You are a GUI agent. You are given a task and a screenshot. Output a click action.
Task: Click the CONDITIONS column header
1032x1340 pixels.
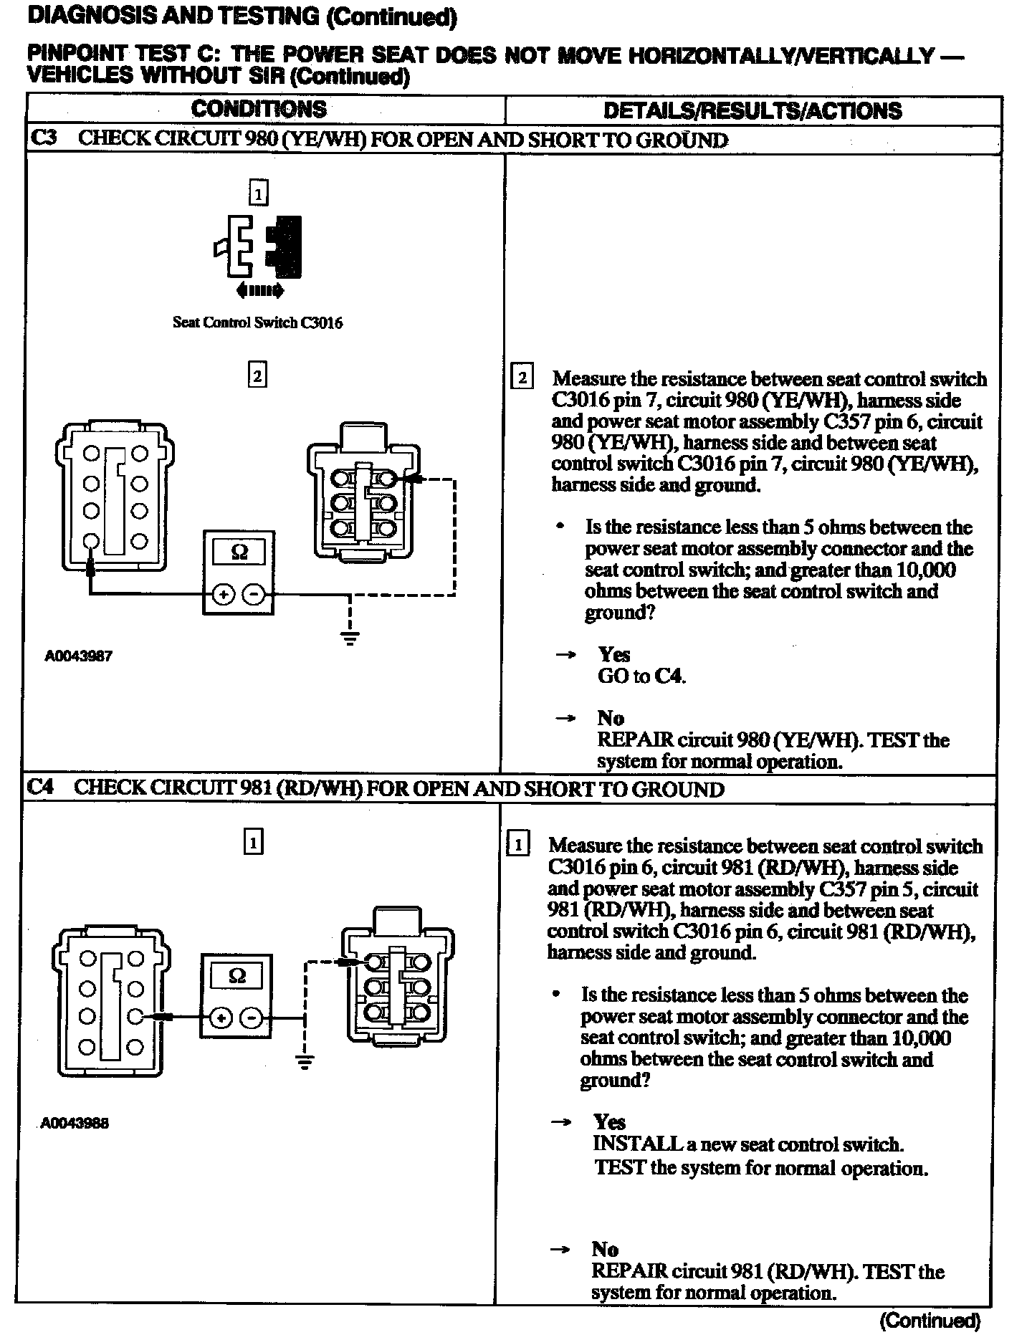[259, 109]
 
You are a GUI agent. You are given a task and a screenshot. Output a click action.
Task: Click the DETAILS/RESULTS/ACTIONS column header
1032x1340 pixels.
[752, 110]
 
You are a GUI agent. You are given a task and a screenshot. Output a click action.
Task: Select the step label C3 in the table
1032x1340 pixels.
[43, 138]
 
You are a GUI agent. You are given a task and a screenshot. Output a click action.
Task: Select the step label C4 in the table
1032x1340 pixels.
[40, 788]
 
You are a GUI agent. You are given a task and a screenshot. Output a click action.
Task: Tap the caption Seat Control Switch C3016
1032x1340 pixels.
[257, 322]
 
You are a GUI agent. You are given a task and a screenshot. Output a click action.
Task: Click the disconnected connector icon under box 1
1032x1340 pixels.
[258, 247]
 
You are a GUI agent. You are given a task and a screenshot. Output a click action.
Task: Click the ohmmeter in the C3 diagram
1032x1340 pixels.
[239, 572]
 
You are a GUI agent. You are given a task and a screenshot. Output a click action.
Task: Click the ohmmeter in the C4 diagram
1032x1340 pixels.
[236, 995]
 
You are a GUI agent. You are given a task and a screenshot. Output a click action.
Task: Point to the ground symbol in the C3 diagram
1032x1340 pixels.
[349, 637]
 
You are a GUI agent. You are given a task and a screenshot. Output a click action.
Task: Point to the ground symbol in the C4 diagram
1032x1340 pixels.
[305, 1061]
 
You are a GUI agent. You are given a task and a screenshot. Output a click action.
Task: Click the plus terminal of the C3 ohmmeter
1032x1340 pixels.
[224, 594]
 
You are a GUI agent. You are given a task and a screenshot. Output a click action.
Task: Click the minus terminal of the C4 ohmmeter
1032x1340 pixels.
[250, 1018]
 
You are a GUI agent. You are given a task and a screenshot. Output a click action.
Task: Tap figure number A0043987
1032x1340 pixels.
[78, 656]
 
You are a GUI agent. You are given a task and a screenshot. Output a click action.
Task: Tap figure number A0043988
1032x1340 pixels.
[75, 1124]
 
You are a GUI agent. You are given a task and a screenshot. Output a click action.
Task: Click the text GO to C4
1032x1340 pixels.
[641, 676]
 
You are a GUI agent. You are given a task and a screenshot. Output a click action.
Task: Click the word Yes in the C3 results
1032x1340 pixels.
[614, 654]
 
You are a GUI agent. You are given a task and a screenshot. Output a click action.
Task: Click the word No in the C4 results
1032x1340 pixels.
[606, 1249]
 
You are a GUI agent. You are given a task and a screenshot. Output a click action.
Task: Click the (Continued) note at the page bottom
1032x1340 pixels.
[929, 1320]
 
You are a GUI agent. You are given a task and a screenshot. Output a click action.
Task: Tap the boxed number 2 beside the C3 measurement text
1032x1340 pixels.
[522, 378]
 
